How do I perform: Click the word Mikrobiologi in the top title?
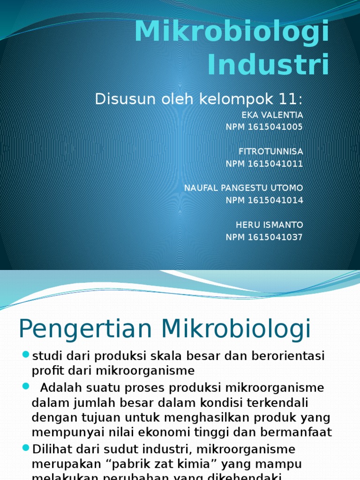pyautogui.click(x=232, y=32)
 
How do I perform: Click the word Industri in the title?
pyautogui.click(x=268, y=65)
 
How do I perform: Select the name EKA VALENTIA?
pyautogui.click(x=272, y=115)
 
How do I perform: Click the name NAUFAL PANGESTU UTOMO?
pyautogui.click(x=243, y=188)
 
